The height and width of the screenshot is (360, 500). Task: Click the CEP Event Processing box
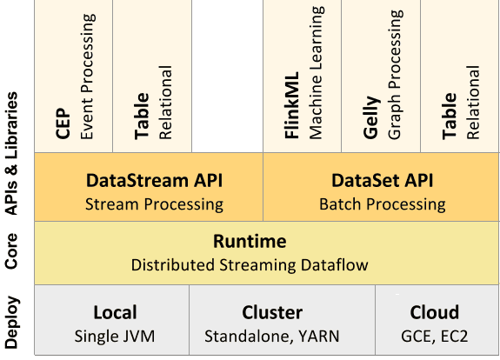click(x=74, y=77)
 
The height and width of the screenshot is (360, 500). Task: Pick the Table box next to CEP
click(x=151, y=77)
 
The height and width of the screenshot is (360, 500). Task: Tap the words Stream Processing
click(x=154, y=204)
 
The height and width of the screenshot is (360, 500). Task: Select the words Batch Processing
click(x=382, y=204)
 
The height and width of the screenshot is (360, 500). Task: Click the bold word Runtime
click(x=250, y=241)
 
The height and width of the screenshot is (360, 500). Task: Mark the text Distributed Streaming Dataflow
click(x=250, y=264)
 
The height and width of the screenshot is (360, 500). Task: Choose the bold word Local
click(x=115, y=312)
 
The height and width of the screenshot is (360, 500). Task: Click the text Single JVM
click(x=115, y=335)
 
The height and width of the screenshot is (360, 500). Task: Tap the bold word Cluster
click(x=272, y=312)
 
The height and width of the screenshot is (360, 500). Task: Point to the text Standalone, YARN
click(x=272, y=335)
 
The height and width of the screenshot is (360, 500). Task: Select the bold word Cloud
click(x=434, y=312)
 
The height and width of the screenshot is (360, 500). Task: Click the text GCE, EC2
click(x=434, y=335)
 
